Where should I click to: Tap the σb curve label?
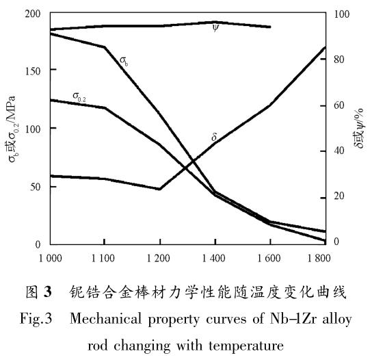pyautogui.click(x=124, y=61)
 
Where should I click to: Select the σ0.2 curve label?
pyautogui.click(x=82, y=94)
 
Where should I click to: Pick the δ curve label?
pyautogui.click(x=214, y=138)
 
